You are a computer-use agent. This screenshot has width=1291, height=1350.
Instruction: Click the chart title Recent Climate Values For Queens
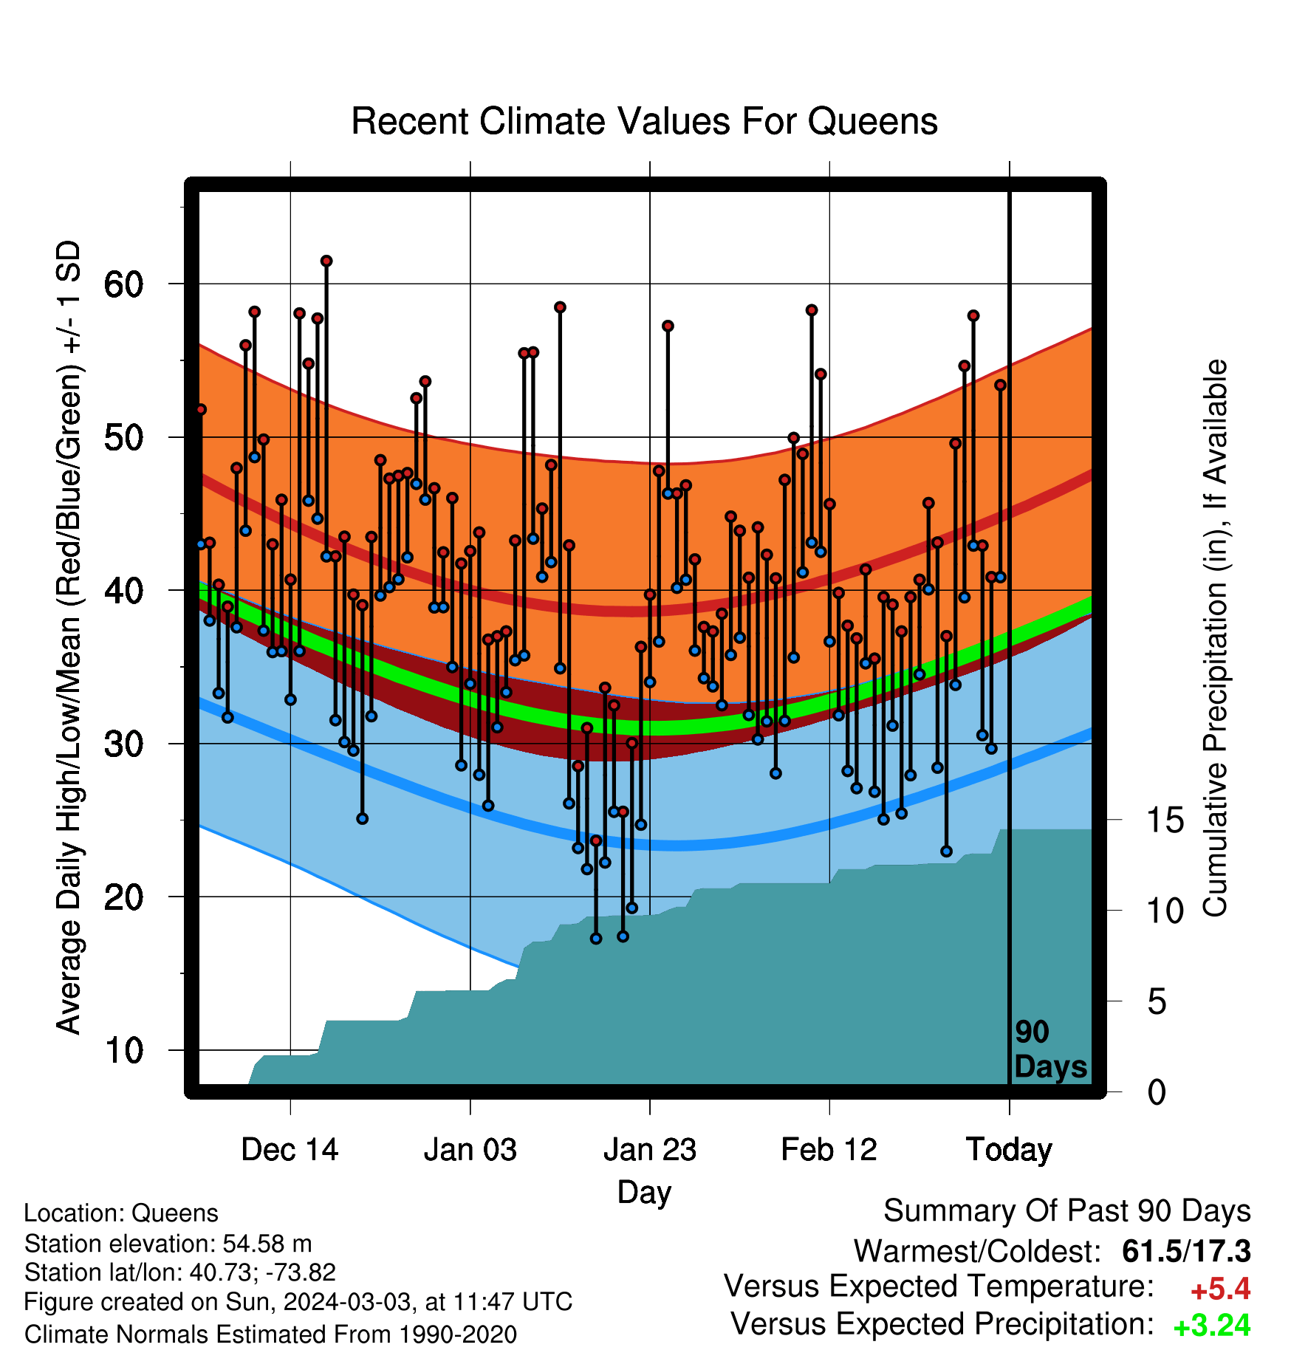644,121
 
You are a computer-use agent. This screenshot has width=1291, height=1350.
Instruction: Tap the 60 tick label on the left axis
123,284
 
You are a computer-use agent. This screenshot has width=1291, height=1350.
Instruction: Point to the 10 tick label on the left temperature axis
123,1051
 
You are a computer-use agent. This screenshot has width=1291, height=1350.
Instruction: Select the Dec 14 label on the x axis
290,1150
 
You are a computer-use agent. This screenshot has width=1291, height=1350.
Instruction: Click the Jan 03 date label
470,1150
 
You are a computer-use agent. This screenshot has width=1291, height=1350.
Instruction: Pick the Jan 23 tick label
650,1150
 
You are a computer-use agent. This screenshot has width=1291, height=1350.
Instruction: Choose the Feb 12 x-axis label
829,1150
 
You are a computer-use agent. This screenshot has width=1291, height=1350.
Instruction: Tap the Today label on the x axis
1009,1151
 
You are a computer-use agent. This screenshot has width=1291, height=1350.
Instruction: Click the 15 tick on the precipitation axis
1165,820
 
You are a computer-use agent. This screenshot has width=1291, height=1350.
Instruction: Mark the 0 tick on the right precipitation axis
1157,1092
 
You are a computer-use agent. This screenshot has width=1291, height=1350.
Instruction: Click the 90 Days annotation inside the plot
1050,1049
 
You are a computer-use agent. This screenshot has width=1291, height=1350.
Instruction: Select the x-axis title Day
644,1193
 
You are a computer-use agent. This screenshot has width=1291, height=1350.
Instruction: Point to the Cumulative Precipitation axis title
1215,638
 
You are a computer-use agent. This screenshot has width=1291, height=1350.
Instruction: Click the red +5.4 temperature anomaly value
1220,1289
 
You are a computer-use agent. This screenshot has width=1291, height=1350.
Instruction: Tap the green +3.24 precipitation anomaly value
1212,1326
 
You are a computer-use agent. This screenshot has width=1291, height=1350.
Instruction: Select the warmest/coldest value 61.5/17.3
1186,1251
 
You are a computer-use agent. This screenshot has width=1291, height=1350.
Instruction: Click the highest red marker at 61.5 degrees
326,261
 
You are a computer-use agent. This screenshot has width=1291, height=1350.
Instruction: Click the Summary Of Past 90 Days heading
1067,1211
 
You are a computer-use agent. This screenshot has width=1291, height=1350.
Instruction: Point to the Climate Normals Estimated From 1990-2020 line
270,1334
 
